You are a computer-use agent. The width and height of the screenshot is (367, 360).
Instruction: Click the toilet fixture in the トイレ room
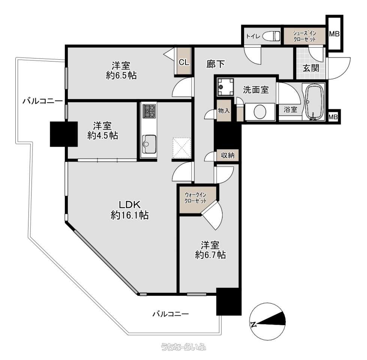(x=271, y=36)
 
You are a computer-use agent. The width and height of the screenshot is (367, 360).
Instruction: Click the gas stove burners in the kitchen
(x=150, y=111)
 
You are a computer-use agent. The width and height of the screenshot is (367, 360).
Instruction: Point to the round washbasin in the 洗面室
(x=260, y=112)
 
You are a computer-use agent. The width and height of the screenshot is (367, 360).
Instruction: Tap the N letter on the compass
(x=253, y=324)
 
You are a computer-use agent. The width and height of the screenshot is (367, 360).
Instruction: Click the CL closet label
(x=184, y=62)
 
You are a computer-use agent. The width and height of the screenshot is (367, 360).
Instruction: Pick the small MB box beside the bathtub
(x=333, y=117)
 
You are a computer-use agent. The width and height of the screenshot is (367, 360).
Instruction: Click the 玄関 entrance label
(x=311, y=68)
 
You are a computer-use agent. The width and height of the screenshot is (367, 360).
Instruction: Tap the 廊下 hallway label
(x=216, y=64)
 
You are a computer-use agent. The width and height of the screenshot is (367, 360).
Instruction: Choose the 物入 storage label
(x=224, y=110)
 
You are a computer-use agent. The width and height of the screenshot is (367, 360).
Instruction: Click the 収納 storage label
(x=228, y=155)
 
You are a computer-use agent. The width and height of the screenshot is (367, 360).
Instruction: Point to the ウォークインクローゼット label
(x=195, y=198)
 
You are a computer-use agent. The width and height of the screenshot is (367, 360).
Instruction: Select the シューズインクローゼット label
(x=305, y=36)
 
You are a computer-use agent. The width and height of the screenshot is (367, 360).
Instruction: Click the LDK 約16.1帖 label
(x=130, y=210)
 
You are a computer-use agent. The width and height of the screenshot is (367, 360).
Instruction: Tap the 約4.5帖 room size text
(x=103, y=135)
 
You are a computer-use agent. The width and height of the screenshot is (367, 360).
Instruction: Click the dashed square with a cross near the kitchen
(x=182, y=148)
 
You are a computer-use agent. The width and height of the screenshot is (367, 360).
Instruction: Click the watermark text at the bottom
(x=184, y=346)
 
